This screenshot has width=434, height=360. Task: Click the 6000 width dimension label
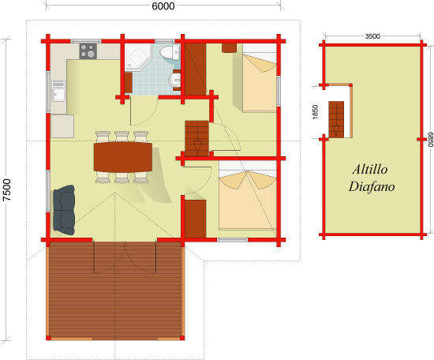pyautogui.click(x=163, y=6)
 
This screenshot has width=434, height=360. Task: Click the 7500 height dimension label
pyautogui.click(x=6, y=190)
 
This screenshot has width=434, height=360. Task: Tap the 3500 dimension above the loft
pyautogui.click(x=372, y=36)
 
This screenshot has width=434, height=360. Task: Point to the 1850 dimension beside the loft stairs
pyautogui.click(x=315, y=112)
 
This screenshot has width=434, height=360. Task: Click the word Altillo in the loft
pyautogui.click(x=370, y=169)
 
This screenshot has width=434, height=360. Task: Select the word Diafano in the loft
pyautogui.click(x=372, y=186)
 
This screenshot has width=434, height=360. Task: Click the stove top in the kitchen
pyautogui.click(x=88, y=51)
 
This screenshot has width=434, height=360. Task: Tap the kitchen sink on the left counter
pyautogui.click(x=58, y=91)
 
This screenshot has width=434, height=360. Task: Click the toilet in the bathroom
pyautogui.click(x=170, y=52)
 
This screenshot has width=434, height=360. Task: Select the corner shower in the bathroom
pyautogui.click(x=137, y=57)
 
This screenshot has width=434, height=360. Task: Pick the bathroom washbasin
pyautogui.click(x=174, y=80)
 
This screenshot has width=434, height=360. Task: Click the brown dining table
pyautogui.click(x=123, y=157)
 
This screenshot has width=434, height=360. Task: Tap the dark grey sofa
pyautogui.click(x=64, y=210)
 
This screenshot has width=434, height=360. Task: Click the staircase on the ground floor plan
pyautogui.click(x=196, y=138)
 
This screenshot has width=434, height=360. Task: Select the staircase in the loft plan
pyautogui.click(x=336, y=119)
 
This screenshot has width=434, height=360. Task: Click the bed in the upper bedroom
pyautogui.click(x=260, y=78)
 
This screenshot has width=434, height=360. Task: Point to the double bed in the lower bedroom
pyautogui.click(x=248, y=196)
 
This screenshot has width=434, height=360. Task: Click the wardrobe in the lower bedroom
pyautogui.click(x=196, y=219)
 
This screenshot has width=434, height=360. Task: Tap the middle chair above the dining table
pyautogui.click(x=122, y=137)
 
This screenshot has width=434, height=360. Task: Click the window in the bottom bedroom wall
pyautogui.click(x=232, y=240)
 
